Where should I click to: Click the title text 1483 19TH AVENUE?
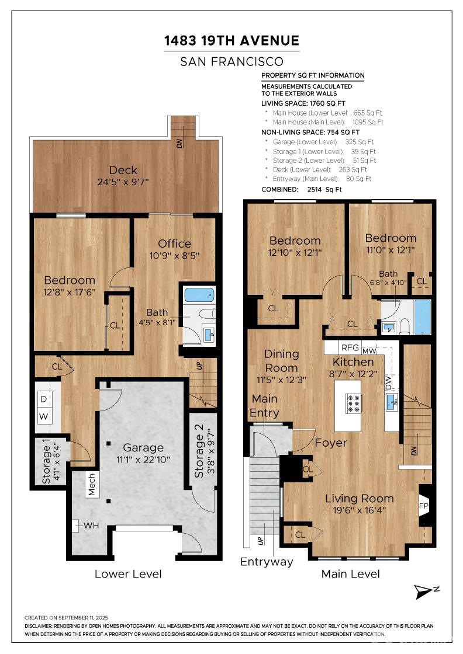click(x=231, y=40)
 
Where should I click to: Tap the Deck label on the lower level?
click(x=123, y=170)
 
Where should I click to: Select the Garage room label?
click(x=143, y=447)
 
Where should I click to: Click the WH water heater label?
click(x=91, y=526)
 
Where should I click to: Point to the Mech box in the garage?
click(x=92, y=484)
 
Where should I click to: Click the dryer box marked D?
click(x=44, y=399)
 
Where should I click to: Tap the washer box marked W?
click(x=44, y=416)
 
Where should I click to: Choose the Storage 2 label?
click(x=199, y=451)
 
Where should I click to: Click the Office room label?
click(x=175, y=243)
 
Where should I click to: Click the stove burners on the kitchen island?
click(x=353, y=403)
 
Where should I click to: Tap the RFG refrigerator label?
click(x=350, y=347)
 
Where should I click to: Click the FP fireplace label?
click(x=423, y=506)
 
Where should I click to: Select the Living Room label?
click(x=360, y=499)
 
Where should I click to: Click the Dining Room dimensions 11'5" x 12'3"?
click(x=281, y=380)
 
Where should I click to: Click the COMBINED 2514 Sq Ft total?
click(x=302, y=189)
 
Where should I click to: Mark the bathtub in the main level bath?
click(x=423, y=316)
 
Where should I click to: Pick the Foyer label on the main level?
click(x=331, y=443)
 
